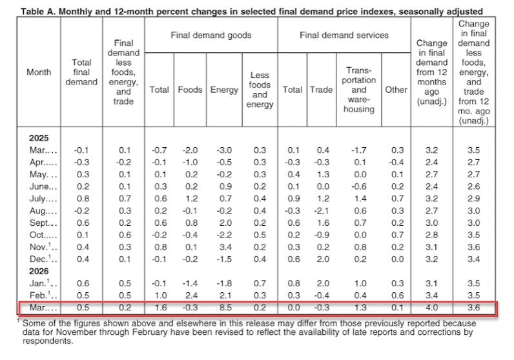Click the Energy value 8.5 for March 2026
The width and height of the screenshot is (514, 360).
[224, 308]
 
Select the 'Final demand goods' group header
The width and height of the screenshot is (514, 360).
[211, 35]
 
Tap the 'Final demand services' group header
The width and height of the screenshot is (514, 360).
[344, 35]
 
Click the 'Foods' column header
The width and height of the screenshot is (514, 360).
[190, 90]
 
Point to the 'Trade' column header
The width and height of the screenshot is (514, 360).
[322, 90]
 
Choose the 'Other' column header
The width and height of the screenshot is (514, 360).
[396, 90]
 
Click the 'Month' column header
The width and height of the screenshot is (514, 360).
[39, 72]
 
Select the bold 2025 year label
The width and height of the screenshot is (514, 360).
[39, 138]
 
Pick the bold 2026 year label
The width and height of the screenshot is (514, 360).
[39, 271]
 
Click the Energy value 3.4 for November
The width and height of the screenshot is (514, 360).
[224, 247]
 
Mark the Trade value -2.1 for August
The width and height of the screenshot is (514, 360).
[322, 210]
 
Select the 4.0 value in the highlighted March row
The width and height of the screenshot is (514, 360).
[432, 308]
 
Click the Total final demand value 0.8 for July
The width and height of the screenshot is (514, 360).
[83, 199]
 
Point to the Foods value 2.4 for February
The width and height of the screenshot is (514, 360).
[191, 295]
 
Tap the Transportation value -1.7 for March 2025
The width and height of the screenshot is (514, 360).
[359, 150]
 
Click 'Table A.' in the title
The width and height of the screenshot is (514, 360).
[38, 12]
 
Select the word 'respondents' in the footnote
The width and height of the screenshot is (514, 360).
[47, 341]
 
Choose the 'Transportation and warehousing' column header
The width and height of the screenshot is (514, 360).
[359, 90]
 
